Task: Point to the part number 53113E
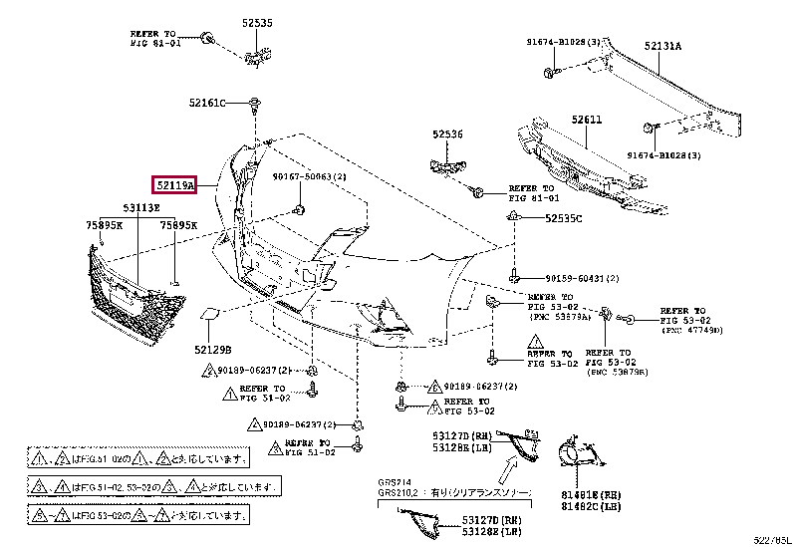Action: [140, 207]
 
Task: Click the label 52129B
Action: [212, 350]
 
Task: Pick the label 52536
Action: [447, 134]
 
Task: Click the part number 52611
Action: [587, 120]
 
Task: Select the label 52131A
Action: [662, 45]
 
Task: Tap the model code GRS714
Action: [393, 480]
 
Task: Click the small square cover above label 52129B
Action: [211, 315]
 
